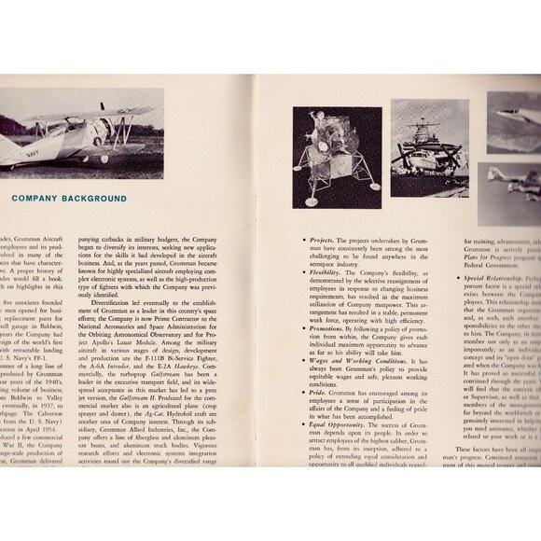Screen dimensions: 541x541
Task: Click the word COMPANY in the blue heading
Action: tap(42, 198)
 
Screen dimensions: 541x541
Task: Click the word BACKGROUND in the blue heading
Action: tap(111, 198)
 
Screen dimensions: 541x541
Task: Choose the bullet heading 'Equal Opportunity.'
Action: tap(342, 425)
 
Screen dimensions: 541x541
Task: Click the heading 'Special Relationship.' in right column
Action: tap(507, 278)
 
